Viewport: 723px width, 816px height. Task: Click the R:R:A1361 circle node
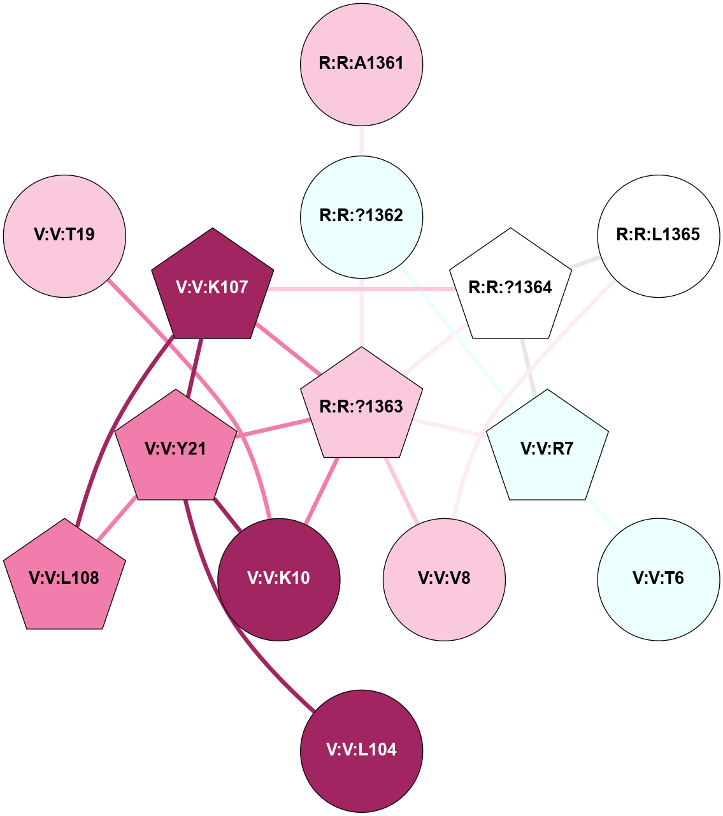[x=361, y=64]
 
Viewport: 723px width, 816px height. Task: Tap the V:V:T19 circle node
[x=64, y=237]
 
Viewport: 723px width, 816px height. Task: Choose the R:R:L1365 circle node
[x=658, y=237]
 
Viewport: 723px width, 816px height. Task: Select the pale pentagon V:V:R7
[x=547, y=449]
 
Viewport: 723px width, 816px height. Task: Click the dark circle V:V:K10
[x=278, y=579]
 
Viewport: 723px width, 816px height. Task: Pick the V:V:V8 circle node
[x=444, y=579]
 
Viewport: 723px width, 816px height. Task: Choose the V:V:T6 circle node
[x=658, y=579]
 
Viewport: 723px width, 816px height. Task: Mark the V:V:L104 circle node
[x=361, y=750]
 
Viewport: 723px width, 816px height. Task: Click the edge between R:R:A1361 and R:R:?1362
[x=361, y=140]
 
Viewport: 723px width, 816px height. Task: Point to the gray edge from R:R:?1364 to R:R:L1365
[x=584, y=262]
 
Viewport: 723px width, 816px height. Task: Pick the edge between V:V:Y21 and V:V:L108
[x=117, y=519]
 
